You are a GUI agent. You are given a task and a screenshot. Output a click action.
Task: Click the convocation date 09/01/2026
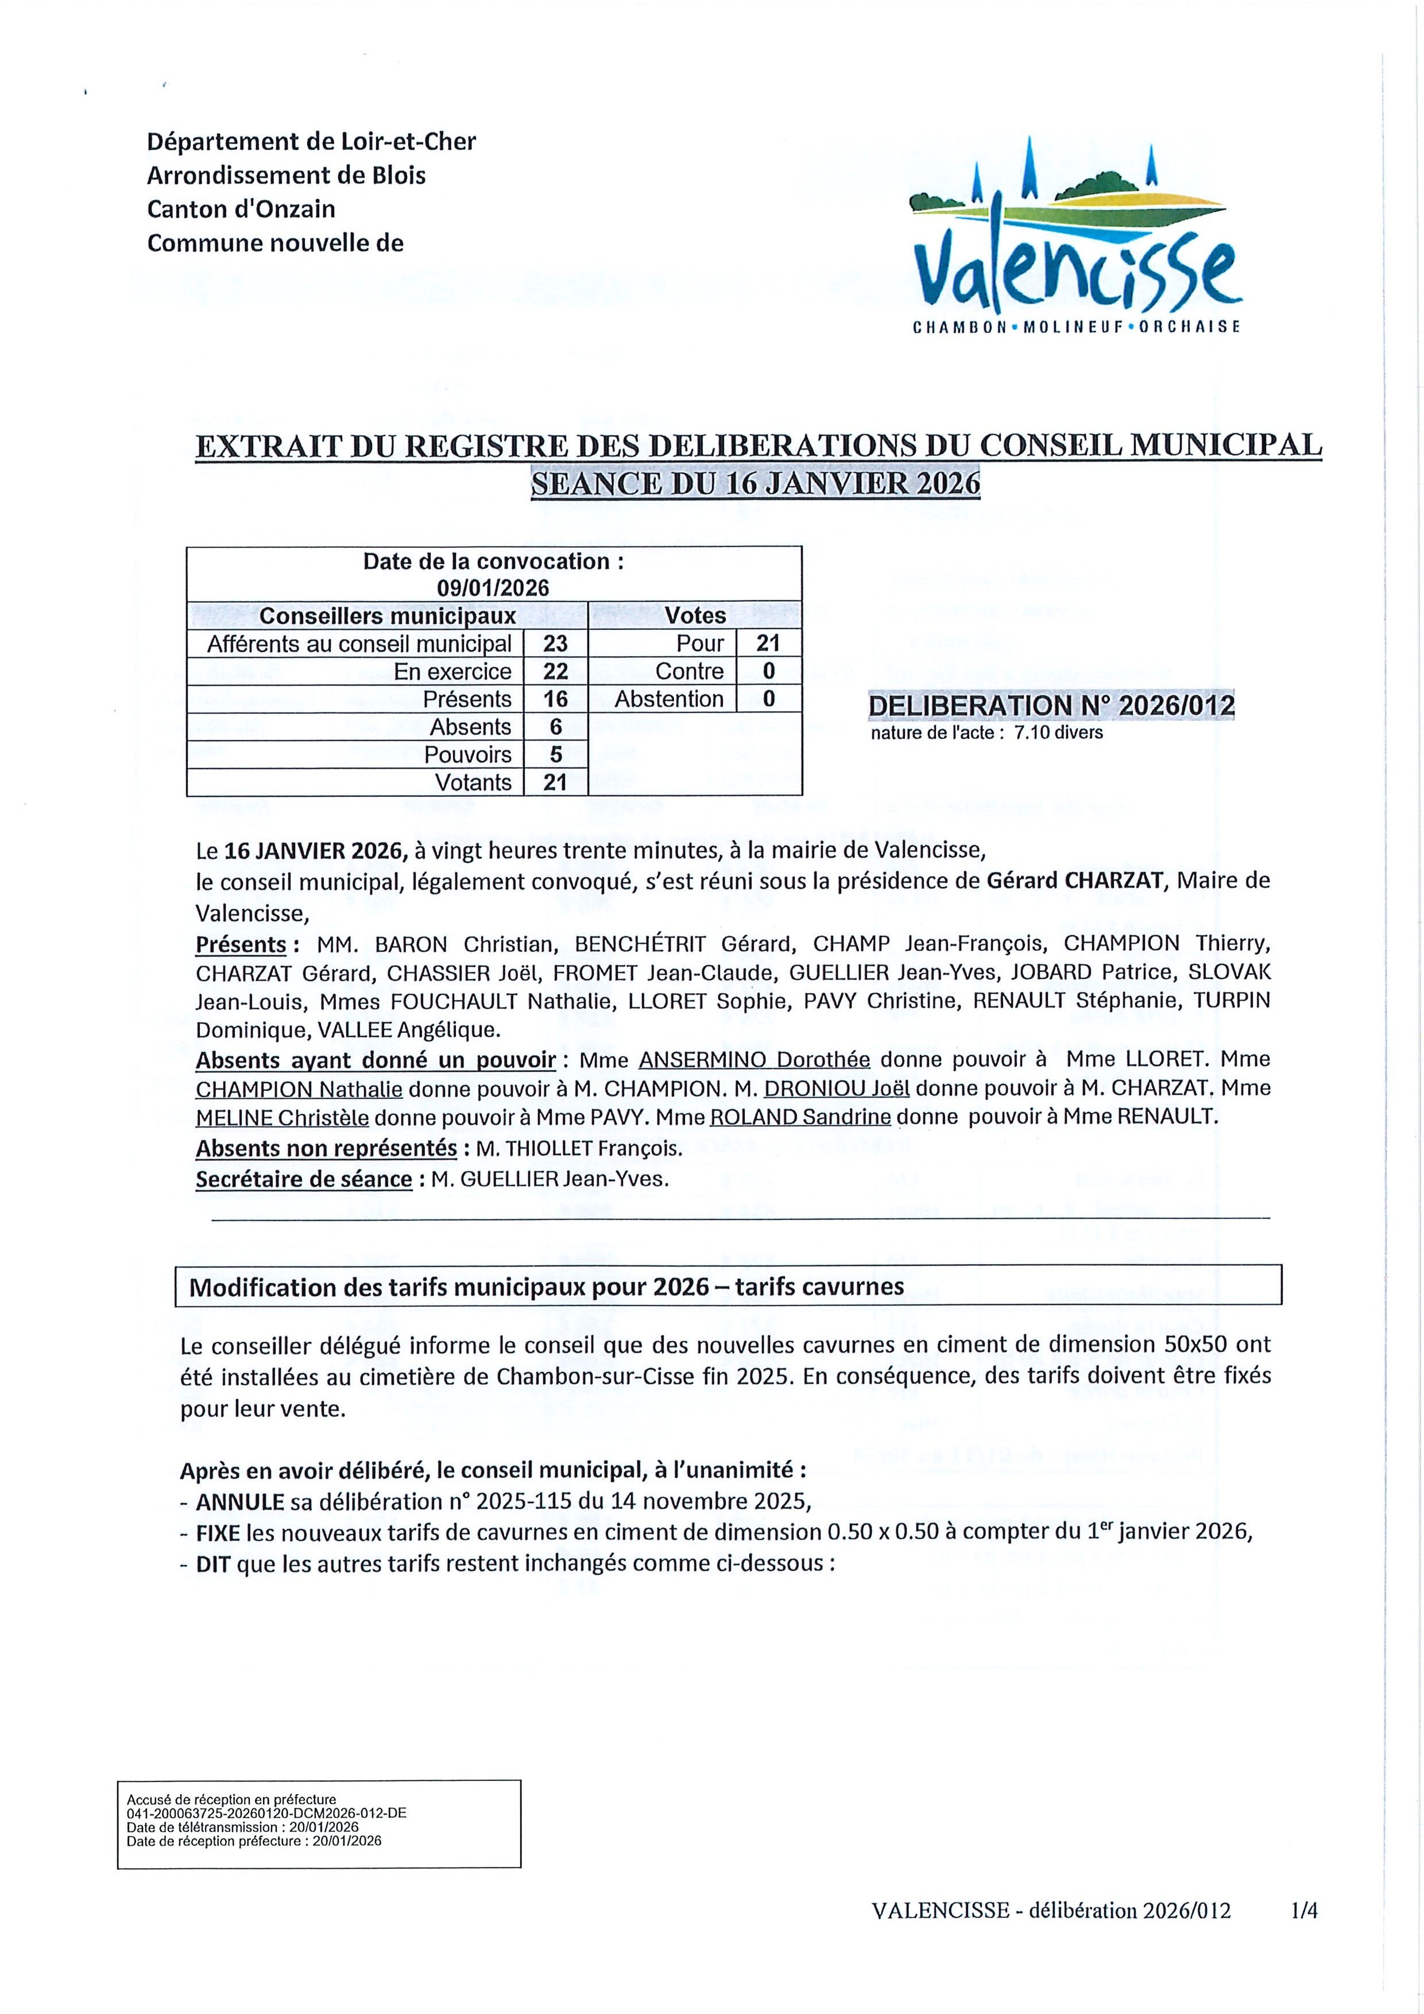pyautogui.click(x=493, y=588)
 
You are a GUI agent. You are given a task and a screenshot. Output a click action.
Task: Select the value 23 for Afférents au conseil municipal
pyautogui.click(x=555, y=644)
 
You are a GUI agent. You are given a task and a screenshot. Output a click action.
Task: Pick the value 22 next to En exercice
pyautogui.click(x=555, y=672)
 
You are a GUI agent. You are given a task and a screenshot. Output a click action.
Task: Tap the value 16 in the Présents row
pyautogui.click(x=555, y=699)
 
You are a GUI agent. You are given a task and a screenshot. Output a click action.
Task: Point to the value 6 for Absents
pyautogui.click(x=555, y=727)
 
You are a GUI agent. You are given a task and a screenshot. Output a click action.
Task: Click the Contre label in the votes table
pyautogui.click(x=690, y=672)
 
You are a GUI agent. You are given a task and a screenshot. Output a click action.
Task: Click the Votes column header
pyautogui.click(x=695, y=616)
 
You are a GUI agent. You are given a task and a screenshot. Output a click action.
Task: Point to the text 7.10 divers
pyautogui.click(x=1058, y=733)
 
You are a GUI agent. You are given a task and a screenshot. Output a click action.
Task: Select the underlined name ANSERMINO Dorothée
pyautogui.click(x=754, y=1060)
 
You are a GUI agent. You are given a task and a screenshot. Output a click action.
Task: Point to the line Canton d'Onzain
pyautogui.click(x=241, y=210)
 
